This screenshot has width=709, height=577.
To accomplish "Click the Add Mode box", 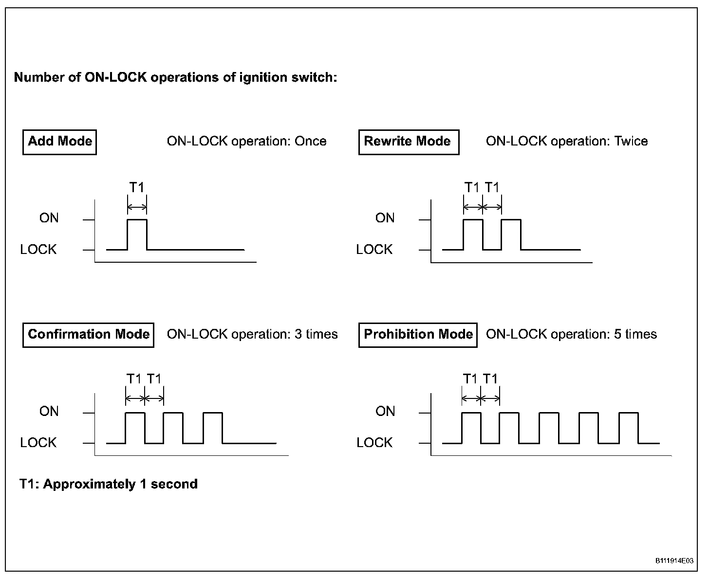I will [59, 142].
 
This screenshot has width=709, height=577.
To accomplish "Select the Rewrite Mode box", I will [408, 142].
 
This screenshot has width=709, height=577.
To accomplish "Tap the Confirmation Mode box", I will [88, 335].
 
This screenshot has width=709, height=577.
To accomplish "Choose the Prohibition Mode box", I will [418, 335].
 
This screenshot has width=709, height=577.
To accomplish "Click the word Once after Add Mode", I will [310, 142].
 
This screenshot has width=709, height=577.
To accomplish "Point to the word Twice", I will [631, 142].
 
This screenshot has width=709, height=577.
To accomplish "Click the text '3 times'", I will [316, 335].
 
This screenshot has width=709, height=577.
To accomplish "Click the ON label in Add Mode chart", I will [49, 218].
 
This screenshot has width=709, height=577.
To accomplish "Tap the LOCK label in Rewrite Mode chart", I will [374, 250].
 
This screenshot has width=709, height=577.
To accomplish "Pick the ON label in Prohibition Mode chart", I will [385, 412].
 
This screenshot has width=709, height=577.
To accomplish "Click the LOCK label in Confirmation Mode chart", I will [38, 443].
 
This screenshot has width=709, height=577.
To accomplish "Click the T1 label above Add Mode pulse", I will [137, 187].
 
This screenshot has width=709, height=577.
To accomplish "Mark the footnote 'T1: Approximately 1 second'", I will [109, 485].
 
